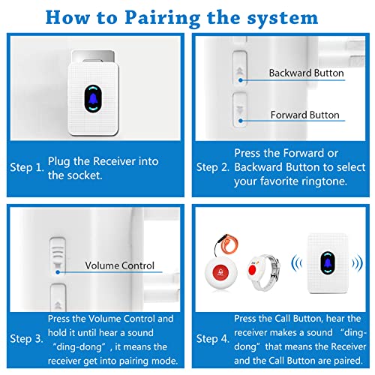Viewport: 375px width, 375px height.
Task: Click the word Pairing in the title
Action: pos(163,18)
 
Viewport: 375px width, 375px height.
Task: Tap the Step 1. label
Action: pos(27,167)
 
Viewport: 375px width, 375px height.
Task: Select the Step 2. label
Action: pos(213,167)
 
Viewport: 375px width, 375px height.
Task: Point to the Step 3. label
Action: pos(26,339)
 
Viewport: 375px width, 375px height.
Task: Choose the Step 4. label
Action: pos(213,339)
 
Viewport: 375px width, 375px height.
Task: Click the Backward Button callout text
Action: pos(306,73)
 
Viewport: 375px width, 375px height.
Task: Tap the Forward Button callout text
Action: pos(305,115)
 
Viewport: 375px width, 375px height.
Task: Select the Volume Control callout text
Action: pos(119,265)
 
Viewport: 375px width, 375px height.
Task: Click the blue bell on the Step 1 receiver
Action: pos(93,99)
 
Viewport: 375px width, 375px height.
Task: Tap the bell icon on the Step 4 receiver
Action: pos(328,263)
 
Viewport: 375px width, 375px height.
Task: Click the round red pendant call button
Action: pos(220,272)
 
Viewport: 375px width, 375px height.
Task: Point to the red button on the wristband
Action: pos(252,270)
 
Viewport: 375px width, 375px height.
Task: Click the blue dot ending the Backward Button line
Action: pos(241,80)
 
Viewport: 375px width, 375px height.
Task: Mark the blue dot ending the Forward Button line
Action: pos(241,121)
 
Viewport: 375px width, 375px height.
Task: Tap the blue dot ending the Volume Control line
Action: pos(58,272)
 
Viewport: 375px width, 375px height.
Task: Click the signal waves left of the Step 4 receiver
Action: pos(297,263)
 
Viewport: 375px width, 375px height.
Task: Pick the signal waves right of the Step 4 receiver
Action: pos(358,263)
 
